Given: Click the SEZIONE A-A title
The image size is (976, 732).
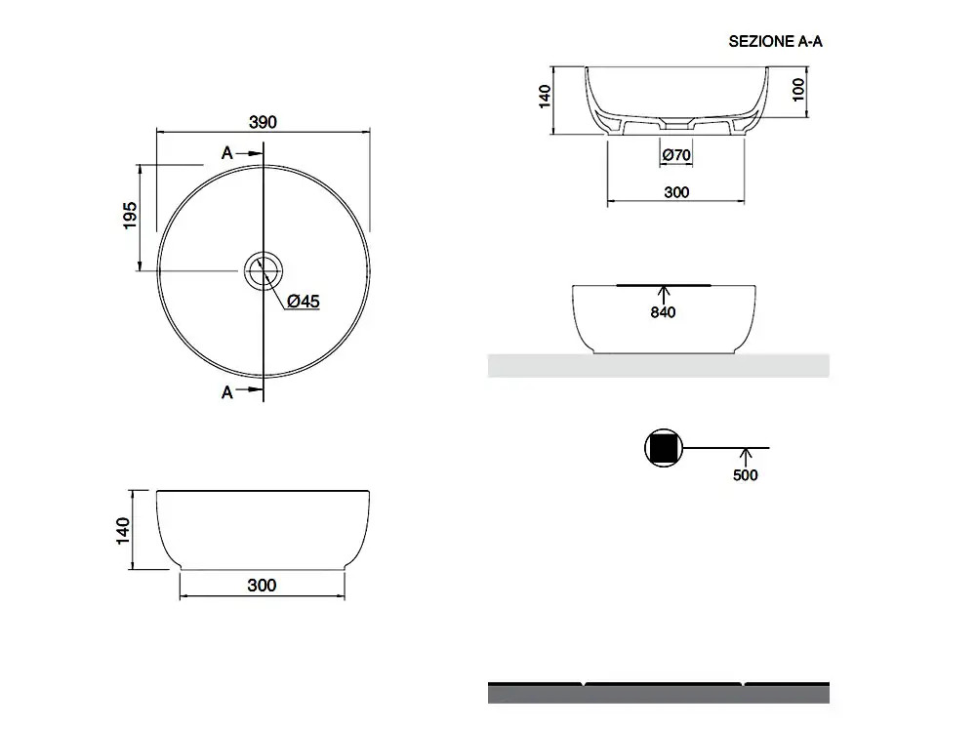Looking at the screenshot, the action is coord(775,42).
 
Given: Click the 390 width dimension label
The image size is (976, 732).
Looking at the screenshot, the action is coord(263,122).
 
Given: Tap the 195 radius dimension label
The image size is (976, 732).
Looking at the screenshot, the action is coord(130,216).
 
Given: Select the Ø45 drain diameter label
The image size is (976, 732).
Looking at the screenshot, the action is coord(304,302).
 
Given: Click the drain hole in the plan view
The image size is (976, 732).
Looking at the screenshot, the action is coord(264,271).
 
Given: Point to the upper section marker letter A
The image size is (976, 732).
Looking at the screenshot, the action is coord(227,153).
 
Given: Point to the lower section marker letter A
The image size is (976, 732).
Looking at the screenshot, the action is coord(227,392).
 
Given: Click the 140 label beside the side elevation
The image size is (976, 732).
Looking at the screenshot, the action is coord(123,531).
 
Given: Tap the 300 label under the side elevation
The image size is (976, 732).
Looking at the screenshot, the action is coord(262,585).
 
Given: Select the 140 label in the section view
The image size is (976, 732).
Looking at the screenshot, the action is coord(545,97).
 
